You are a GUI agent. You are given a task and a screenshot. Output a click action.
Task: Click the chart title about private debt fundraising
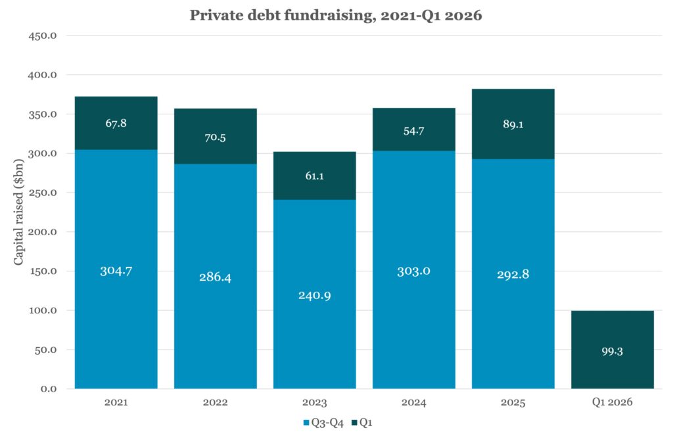pyautogui.click(x=336, y=16)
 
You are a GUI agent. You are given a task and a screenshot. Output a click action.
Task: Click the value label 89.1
pyautogui.click(x=513, y=124)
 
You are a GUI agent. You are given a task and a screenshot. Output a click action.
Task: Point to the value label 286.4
pyautogui.click(x=215, y=277)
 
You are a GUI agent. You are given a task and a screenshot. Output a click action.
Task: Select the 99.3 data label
pyautogui.click(x=612, y=352)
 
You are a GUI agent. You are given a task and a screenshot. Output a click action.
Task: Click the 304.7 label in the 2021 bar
pyautogui.click(x=116, y=271)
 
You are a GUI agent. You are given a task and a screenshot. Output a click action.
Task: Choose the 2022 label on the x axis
pyautogui.click(x=215, y=403)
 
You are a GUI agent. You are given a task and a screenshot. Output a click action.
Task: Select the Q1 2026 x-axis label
pyautogui.click(x=612, y=403)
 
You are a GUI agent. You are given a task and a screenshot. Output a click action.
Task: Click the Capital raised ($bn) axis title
pyautogui.click(x=19, y=211)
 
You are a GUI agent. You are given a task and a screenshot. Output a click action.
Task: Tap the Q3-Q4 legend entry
pyautogui.click(x=323, y=423)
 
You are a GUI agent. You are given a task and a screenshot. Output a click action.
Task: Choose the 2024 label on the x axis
pyautogui.click(x=413, y=403)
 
